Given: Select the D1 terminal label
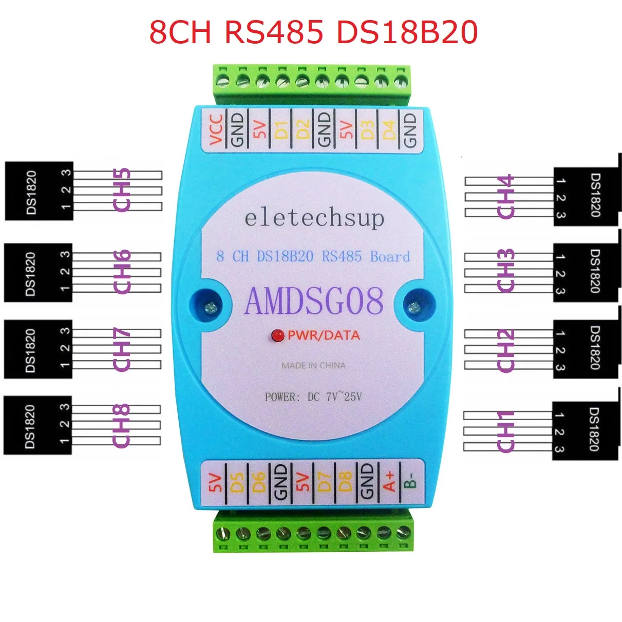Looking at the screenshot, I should tap(281, 129).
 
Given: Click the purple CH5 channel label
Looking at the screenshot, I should tap(122, 190).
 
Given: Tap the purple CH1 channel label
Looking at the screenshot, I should tap(505, 431).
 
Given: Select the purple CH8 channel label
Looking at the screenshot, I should tap(121, 426).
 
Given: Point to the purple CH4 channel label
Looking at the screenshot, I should tap(505, 197).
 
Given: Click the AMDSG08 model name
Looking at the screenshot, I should tap(314, 301).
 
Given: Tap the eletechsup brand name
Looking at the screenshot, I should tap(314, 218).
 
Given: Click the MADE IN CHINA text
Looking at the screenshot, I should tap(313, 366).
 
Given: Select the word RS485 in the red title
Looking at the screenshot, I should tap(274, 32).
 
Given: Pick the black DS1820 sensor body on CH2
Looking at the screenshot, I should tap(586, 349).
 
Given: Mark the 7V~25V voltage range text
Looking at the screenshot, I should tap(344, 397).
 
